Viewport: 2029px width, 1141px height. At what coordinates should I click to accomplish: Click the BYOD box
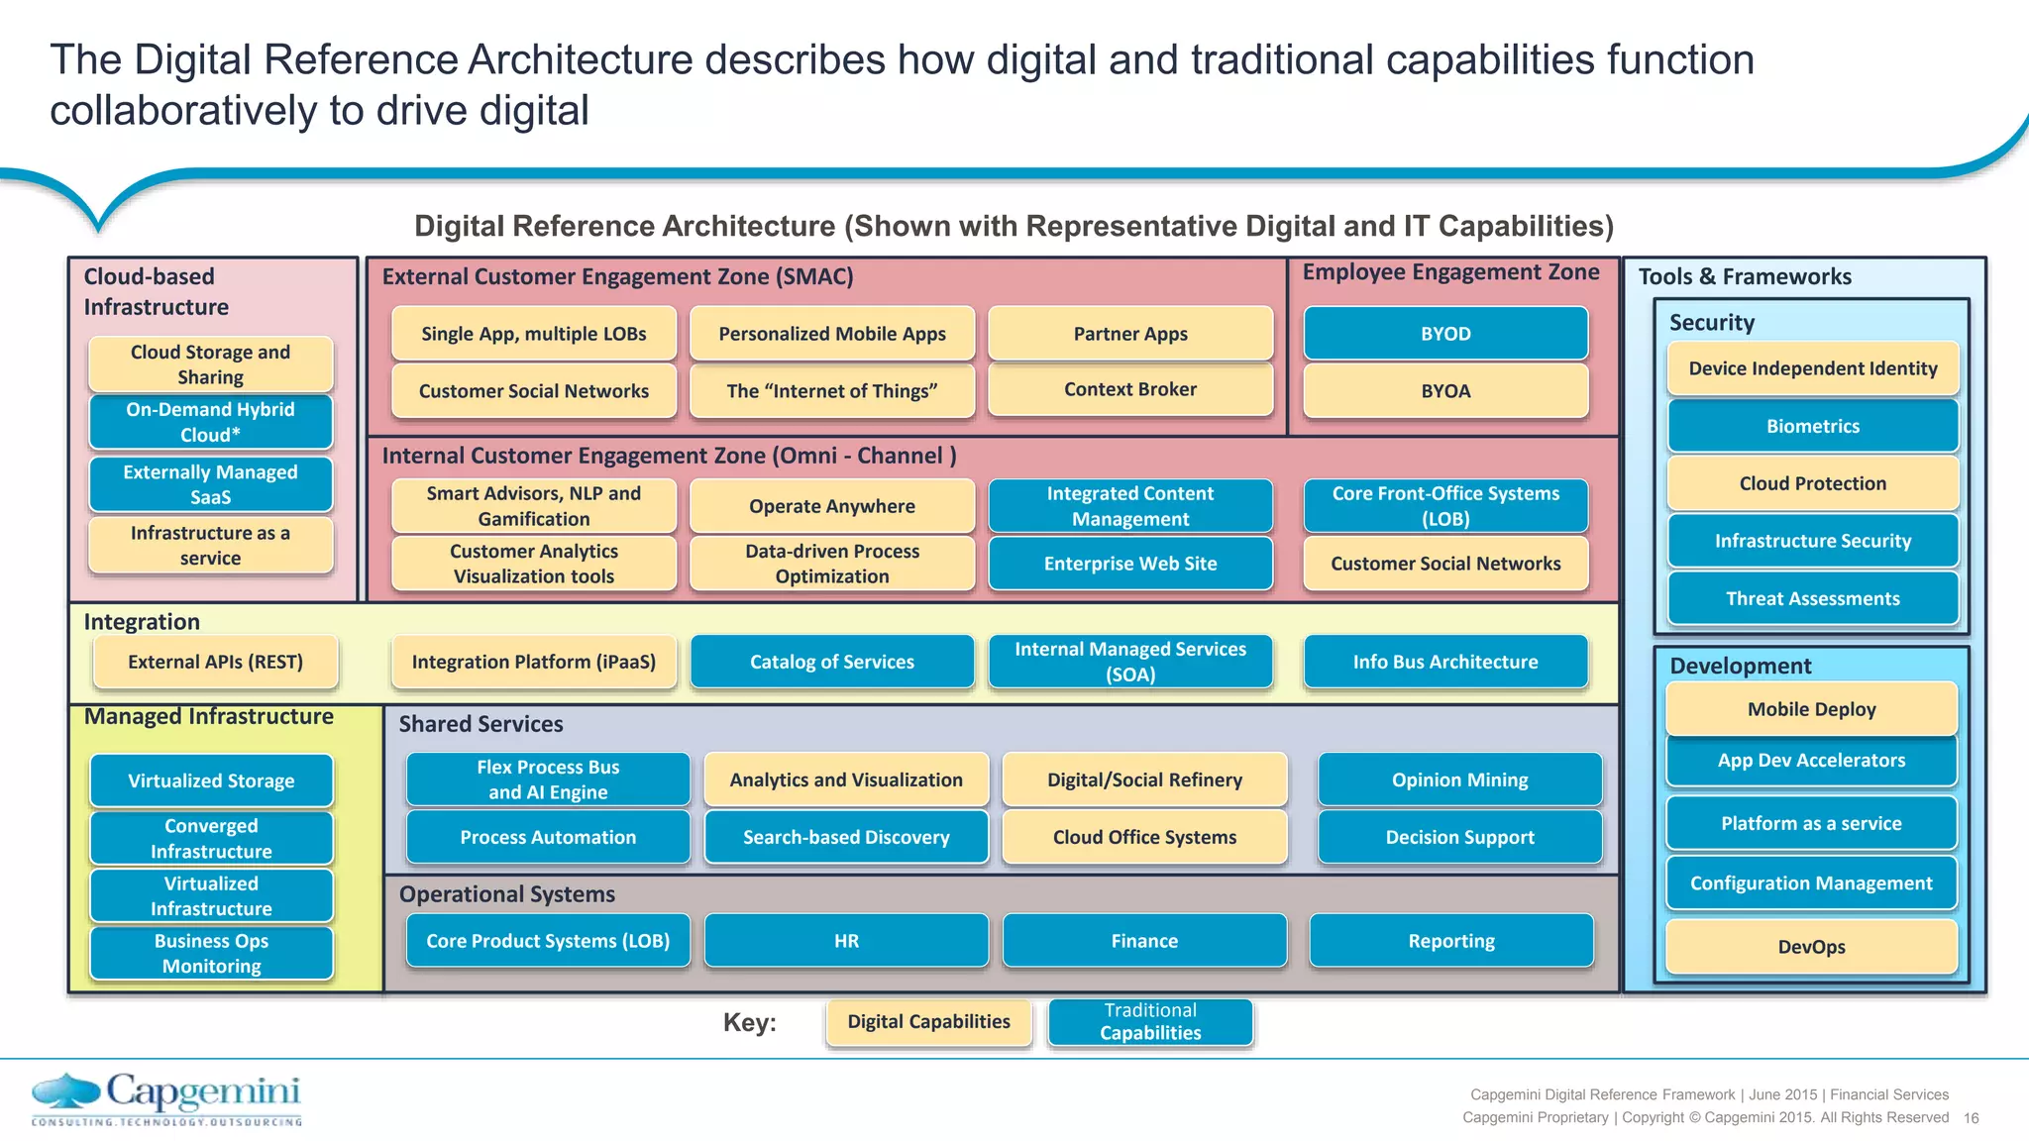[1445, 334]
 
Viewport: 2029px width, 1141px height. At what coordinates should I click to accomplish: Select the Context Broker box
[1130, 389]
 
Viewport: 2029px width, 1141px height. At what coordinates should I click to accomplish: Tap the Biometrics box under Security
[1812, 426]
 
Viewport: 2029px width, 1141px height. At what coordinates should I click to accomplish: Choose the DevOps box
[1811, 947]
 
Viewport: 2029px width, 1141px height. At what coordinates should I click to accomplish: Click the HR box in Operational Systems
[846, 941]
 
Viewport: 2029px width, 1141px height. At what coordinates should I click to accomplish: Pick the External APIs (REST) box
[215, 662]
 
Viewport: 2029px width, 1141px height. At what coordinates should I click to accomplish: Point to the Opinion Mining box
[1459, 779]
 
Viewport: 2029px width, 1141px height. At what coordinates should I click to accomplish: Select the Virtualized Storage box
[211, 780]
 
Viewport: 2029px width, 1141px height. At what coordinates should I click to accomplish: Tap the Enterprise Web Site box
[1130, 564]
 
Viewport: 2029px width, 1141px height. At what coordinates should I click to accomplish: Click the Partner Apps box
[1130, 334]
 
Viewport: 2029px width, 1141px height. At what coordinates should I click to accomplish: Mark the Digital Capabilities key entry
[928, 1022]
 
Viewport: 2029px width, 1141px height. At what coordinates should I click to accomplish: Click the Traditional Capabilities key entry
[1150, 1022]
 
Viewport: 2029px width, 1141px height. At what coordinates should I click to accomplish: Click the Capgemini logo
[166, 1098]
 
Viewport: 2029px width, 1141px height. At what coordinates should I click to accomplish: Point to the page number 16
[1971, 1118]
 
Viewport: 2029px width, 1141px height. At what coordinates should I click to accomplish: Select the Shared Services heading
[481, 724]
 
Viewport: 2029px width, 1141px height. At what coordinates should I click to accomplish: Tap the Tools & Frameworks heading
[1744, 276]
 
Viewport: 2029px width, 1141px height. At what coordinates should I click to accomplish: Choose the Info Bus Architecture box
[1445, 662]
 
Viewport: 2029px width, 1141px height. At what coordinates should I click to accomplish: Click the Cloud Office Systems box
[1144, 837]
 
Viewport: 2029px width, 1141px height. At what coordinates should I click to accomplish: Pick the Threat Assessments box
[1812, 598]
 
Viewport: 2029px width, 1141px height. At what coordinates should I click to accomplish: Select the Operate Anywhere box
[831, 506]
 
